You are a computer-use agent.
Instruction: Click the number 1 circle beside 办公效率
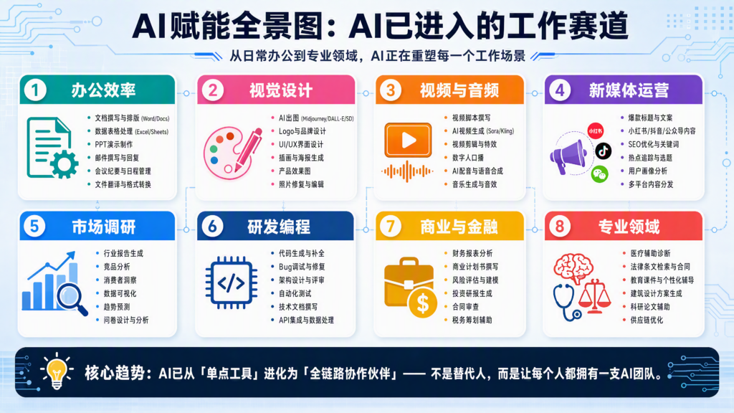coord(35,90)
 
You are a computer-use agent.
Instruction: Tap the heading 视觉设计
coord(280,90)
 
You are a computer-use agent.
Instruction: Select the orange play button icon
coord(408,140)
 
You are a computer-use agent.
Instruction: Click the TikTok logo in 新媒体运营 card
coord(603,151)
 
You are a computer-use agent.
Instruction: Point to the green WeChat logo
coord(599,174)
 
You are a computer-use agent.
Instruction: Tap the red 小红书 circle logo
coord(596,131)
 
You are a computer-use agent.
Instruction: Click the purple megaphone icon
coord(568,157)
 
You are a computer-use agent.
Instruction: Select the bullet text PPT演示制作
coord(114,144)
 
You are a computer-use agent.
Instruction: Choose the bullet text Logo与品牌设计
coord(302,131)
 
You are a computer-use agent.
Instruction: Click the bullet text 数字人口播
coord(467,158)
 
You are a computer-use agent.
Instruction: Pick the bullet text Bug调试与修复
coord(302,267)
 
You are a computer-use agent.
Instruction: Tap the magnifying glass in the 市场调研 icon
coord(72,299)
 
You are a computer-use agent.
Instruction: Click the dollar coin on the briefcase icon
coord(423,304)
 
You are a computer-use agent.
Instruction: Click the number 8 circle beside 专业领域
coord(559,227)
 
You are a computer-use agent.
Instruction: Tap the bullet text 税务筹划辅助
coord(472,321)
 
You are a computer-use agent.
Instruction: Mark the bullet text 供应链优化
coord(647,321)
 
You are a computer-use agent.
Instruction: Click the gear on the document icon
coord(64,164)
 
